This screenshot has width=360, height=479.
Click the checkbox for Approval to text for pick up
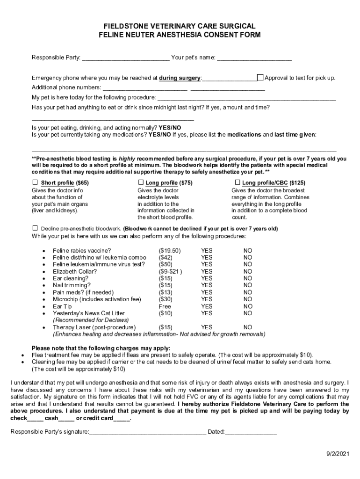(260, 78)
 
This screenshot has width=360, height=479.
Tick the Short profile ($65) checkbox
(35, 182)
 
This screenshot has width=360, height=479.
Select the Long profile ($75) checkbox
(140, 182)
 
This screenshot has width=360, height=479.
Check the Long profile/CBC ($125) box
(237, 182)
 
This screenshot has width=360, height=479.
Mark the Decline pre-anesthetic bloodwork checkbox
(35, 228)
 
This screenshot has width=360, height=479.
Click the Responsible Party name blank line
(125, 58)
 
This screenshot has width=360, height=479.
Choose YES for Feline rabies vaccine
(206, 250)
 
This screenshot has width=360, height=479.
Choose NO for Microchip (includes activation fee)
(247, 299)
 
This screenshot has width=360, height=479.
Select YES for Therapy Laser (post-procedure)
(206, 327)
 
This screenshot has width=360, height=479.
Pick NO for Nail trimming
(247, 285)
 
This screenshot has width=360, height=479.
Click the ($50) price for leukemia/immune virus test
(166, 264)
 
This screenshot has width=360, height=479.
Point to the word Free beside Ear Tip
(165, 306)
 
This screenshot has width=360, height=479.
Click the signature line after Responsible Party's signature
(147, 432)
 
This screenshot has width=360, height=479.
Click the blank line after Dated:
(251, 432)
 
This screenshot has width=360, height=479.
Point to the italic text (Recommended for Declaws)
(90, 320)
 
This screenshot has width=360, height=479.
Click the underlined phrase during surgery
(180, 78)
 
